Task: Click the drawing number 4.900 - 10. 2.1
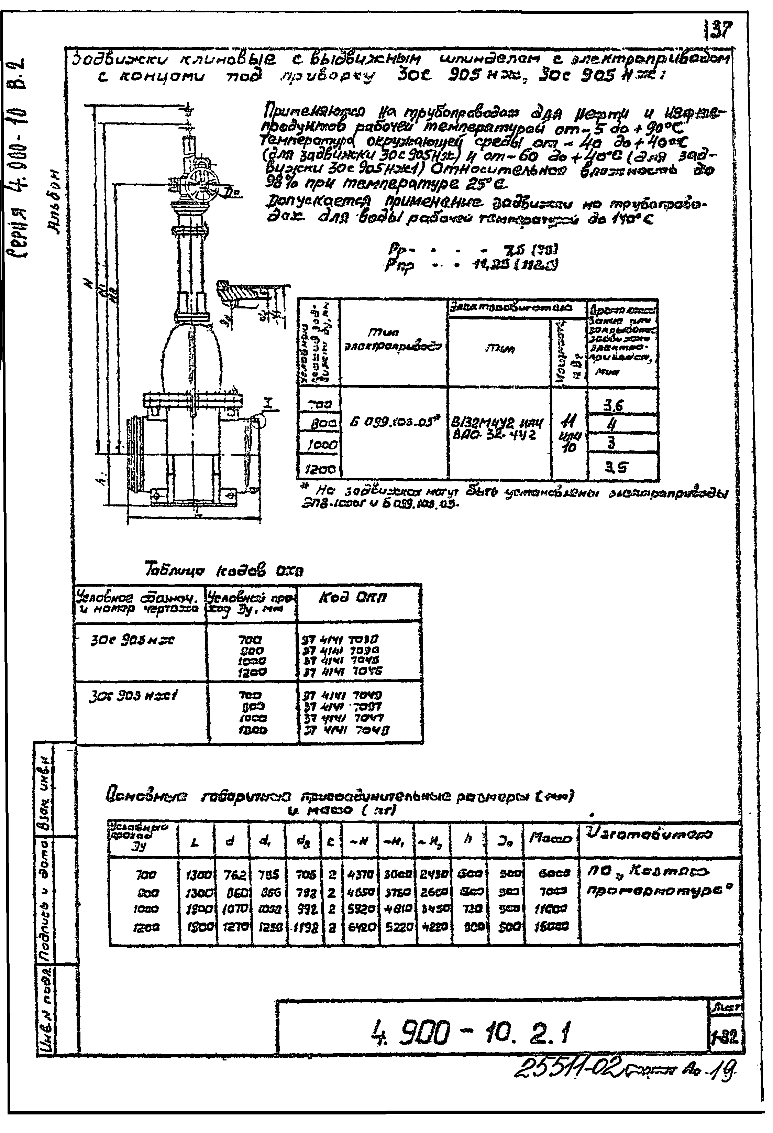(470, 1033)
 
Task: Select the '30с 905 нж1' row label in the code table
(133, 696)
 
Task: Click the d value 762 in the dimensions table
(234, 875)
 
